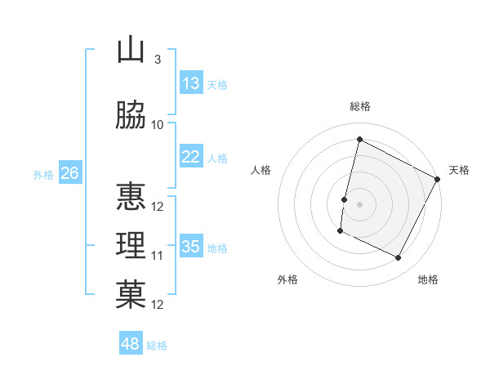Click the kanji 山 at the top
click(x=130, y=51)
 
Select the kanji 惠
click(x=130, y=196)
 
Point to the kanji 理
click(x=130, y=244)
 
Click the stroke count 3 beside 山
click(x=157, y=60)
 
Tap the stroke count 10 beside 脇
click(x=158, y=124)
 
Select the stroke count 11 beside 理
click(x=158, y=255)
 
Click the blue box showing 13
click(x=191, y=83)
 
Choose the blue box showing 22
click(x=191, y=157)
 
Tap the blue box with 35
click(x=191, y=247)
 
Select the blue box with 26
click(x=70, y=173)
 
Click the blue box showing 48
click(x=131, y=344)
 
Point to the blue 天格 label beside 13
click(x=217, y=85)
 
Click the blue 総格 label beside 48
click(x=157, y=346)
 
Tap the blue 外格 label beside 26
click(x=43, y=174)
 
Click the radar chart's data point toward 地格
click(x=399, y=258)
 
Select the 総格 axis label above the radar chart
click(x=360, y=106)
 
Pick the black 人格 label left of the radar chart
click(x=261, y=170)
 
